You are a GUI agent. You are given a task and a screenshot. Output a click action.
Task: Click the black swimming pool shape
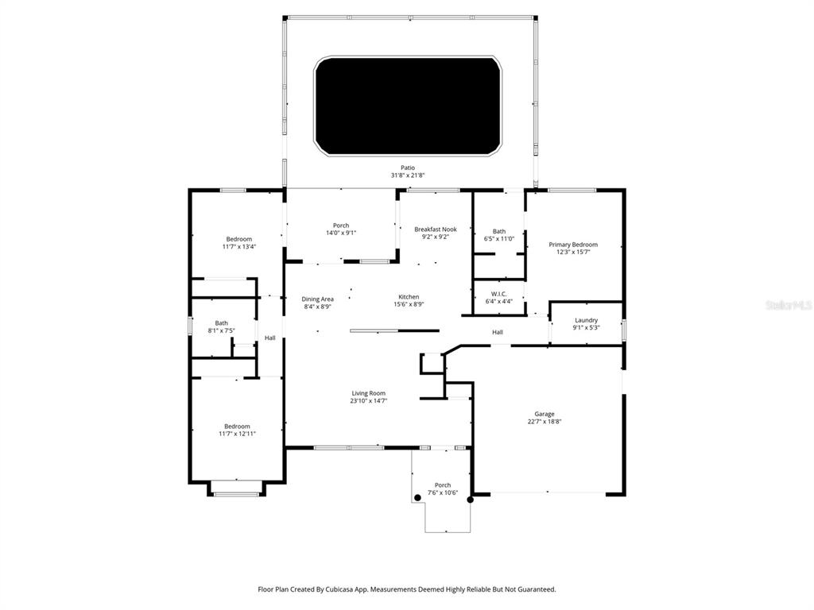[x=407, y=106]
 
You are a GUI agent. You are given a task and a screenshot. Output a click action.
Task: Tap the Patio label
[x=408, y=168]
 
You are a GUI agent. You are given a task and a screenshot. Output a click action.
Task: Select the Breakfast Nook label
[x=436, y=229]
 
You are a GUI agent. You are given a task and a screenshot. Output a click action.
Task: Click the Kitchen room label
[x=409, y=297]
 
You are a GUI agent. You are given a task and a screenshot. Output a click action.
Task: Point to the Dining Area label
[x=317, y=299]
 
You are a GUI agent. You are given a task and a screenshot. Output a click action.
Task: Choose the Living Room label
[x=369, y=393]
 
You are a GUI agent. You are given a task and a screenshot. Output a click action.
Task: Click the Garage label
[x=545, y=414]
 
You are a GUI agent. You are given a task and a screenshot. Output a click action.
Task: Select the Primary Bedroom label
[x=573, y=245]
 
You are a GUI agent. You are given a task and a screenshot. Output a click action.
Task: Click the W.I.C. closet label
[x=499, y=294]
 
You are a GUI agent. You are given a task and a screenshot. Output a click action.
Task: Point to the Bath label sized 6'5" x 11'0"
[x=499, y=231]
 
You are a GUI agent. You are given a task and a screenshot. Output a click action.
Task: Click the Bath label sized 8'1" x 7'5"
[x=221, y=322]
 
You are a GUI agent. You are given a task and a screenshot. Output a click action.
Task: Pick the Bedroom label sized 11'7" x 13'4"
[x=238, y=239]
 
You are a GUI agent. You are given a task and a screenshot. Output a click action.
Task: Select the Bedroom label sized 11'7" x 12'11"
[x=237, y=426]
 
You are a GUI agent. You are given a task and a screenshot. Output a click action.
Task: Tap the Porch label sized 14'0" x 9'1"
[x=341, y=226]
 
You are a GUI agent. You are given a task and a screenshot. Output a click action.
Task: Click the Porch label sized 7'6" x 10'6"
[x=443, y=485]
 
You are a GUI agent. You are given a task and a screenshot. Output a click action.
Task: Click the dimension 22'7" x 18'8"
[x=545, y=422]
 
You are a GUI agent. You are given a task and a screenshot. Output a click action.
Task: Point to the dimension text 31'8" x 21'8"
[x=408, y=175]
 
